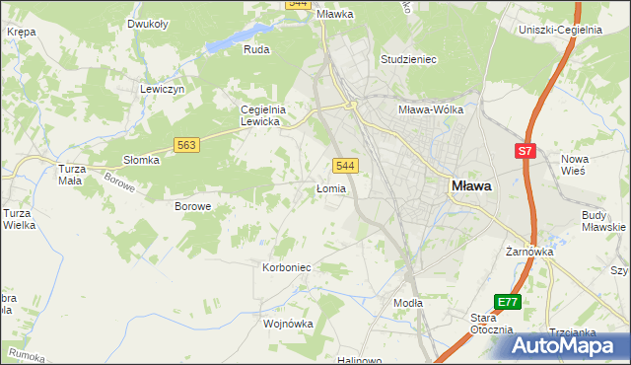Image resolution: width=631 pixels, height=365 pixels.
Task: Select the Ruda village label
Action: point(256,49)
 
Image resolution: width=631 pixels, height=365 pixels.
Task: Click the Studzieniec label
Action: point(408,59)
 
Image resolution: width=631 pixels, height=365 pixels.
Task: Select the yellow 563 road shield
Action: point(187,144)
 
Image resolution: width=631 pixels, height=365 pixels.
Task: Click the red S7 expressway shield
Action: point(526,151)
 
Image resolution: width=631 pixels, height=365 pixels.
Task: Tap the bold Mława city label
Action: point(472,184)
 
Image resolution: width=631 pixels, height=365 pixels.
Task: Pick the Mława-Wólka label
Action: point(430,110)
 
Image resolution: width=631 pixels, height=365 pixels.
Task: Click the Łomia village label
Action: point(331,188)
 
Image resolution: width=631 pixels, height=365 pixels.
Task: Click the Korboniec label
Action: point(287,267)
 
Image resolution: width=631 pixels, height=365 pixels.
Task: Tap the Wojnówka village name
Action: point(288,323)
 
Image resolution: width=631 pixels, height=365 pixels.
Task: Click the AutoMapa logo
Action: point(570,344)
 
